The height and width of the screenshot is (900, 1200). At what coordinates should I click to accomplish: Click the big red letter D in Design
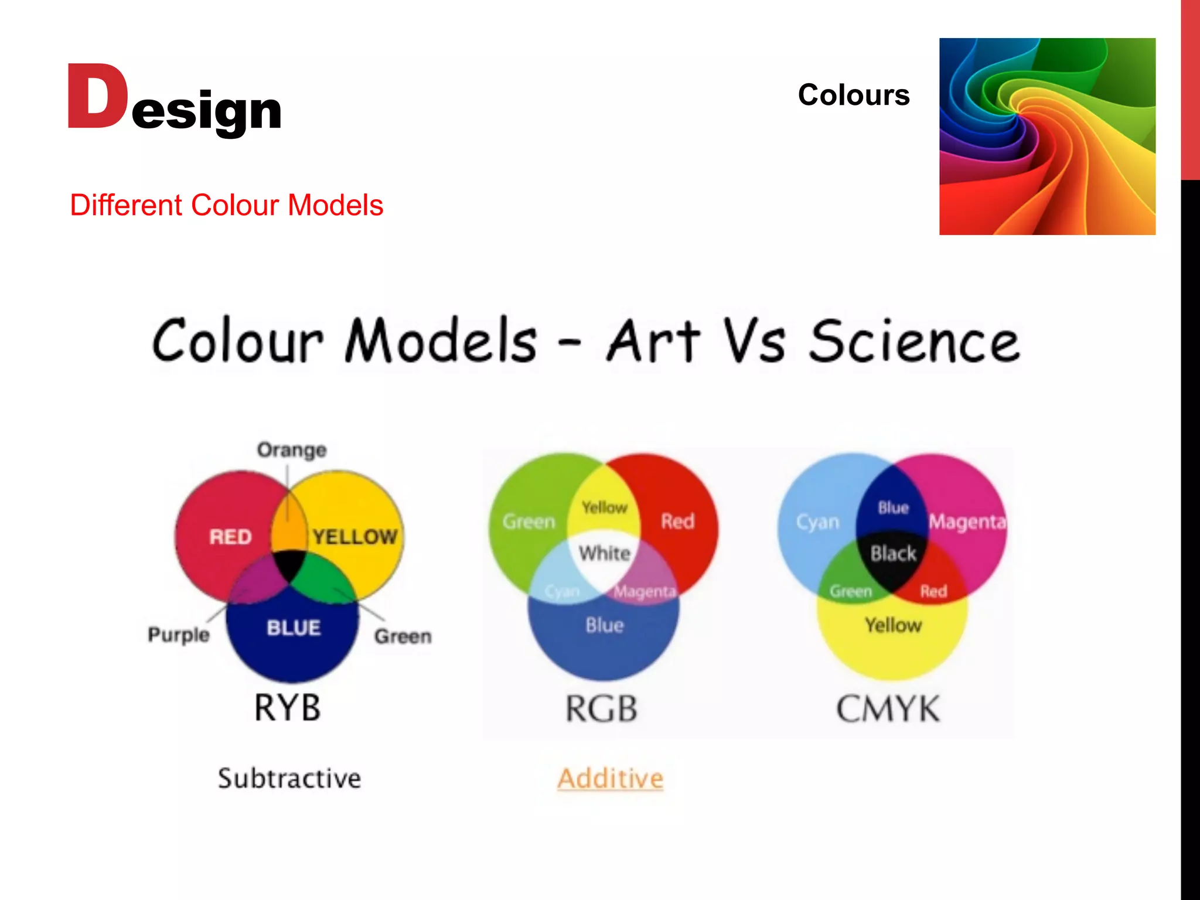click(97, 97)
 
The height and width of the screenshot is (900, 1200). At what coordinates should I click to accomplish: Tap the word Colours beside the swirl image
click(853, 95)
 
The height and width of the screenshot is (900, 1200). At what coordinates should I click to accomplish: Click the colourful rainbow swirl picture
click(1047, 137)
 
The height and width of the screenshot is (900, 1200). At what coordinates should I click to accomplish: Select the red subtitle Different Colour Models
click(226, 205)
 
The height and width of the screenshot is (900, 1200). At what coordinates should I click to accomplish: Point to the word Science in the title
click(914, 342)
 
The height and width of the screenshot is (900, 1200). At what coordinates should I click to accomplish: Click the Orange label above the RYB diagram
click(292, 450)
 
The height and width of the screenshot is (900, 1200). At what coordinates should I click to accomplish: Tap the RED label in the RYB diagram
click(231, 537)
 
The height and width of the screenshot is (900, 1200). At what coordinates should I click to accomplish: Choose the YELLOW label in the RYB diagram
click(354, 537)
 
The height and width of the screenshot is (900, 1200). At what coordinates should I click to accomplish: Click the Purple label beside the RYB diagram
click(179, 635)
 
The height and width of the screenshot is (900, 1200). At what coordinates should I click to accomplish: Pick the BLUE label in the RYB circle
click(294, 628)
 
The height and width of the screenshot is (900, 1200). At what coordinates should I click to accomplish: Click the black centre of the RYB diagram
click(289, 564)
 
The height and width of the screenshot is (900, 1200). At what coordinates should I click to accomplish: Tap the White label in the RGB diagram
click(605, 553)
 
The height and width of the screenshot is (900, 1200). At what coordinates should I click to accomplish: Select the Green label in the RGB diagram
click(529, 521)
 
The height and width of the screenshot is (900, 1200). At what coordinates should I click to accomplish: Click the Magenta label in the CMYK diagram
click(967, 521)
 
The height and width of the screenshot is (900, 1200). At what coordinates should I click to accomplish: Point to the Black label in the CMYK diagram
click(893, 553)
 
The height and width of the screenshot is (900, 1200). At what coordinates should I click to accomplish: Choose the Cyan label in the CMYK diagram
click(817, 521)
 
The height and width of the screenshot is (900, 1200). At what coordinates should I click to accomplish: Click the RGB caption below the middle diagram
click(601, 709)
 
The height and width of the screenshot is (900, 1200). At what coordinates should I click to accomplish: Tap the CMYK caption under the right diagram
click(888, 709)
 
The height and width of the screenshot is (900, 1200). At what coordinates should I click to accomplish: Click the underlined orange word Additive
click(610, 779)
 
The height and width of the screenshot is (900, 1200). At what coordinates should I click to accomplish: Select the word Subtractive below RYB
click(289, 779)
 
